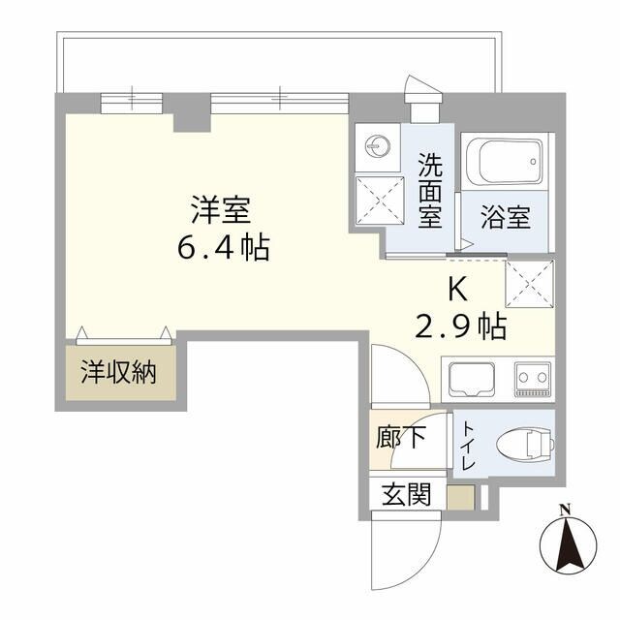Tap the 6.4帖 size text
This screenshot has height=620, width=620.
[x=223, y=248]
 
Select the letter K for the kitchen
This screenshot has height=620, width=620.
[x=460, y=288]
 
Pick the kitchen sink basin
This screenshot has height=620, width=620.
[x=470, y=378]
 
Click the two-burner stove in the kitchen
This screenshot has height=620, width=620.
[x=532, y=376]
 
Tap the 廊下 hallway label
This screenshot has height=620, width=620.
[x=400, y=438]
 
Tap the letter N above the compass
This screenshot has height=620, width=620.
[x=565, y=510]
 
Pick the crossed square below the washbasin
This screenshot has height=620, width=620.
[x=376, y=200]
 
